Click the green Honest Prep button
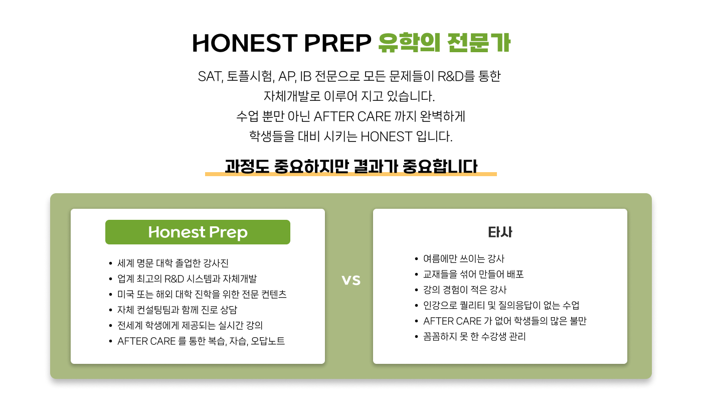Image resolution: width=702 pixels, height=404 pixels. coord(198,232)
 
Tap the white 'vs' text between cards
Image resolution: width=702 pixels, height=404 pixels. coord(351,280)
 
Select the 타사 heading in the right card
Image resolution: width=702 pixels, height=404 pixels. coord(500,232)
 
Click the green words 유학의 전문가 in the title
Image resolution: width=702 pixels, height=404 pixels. coord(444,43)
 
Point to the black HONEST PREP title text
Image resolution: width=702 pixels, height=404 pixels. coord(281,43)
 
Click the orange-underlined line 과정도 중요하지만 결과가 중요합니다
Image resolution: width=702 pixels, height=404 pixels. coord(351,166)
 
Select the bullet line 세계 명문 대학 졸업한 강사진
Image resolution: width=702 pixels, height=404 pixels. coord(173,263)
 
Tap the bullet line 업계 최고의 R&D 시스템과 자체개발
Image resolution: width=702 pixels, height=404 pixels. coord(187,279)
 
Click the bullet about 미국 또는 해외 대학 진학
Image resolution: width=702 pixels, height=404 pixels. coord(202,294)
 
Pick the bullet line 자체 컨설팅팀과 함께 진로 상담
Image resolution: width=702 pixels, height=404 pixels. coord(177,310)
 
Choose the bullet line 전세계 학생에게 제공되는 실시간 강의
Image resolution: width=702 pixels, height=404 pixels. coord(190,325)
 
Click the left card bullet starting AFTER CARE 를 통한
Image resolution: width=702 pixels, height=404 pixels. coord(201,341)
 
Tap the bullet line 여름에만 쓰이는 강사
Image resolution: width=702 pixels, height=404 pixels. coord(463,259)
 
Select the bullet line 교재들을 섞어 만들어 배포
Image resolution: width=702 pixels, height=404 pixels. coord(473,275)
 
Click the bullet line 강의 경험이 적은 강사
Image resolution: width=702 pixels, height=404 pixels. coord(465,290)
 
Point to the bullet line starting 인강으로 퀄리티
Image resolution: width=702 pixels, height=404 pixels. coord(501,305)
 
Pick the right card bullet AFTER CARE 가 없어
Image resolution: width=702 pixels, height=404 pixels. coord(504,321)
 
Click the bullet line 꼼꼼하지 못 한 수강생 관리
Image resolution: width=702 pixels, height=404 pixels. coord(474,337)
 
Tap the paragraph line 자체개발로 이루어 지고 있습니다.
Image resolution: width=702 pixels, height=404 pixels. coord(349,96)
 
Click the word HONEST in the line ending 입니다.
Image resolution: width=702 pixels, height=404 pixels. coord(386,137)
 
